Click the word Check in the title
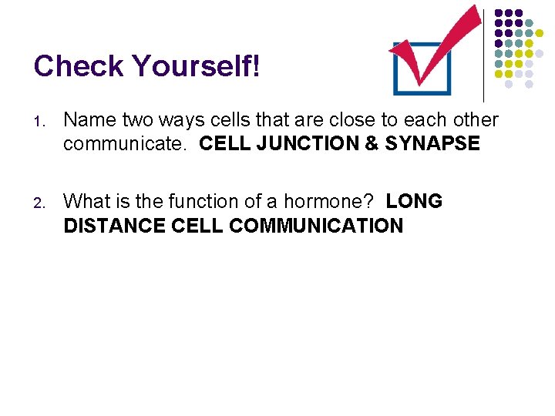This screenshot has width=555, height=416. tap(79, 66)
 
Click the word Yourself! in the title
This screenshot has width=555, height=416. tap(197, 66)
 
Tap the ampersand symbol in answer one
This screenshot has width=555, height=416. tap(370, 144)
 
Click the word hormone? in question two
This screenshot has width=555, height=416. tap(335, 202)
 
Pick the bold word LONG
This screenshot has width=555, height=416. tap(414, 202)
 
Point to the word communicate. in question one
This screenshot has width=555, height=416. tap(126, 144)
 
